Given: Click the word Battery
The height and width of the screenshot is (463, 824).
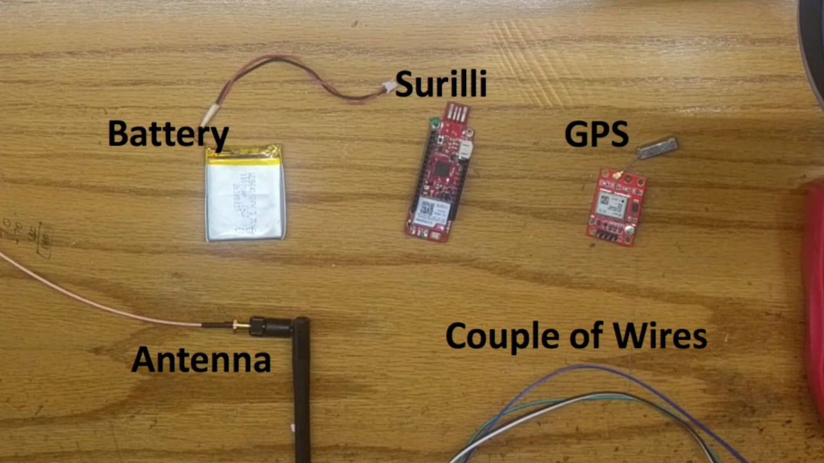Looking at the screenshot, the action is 168,134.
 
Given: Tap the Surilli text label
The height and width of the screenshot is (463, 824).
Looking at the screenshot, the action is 441,84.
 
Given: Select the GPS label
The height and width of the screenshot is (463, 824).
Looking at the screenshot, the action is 596,134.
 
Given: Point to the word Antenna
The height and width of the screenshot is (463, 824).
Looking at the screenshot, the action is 201,359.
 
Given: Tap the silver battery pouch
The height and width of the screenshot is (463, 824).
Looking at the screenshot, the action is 245,196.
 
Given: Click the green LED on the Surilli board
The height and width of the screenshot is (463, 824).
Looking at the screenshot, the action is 435,122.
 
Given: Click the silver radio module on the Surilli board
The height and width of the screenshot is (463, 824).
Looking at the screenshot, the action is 426,209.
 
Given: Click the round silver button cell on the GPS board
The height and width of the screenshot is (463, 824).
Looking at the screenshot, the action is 629,230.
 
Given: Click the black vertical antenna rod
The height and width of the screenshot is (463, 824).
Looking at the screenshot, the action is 301,392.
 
